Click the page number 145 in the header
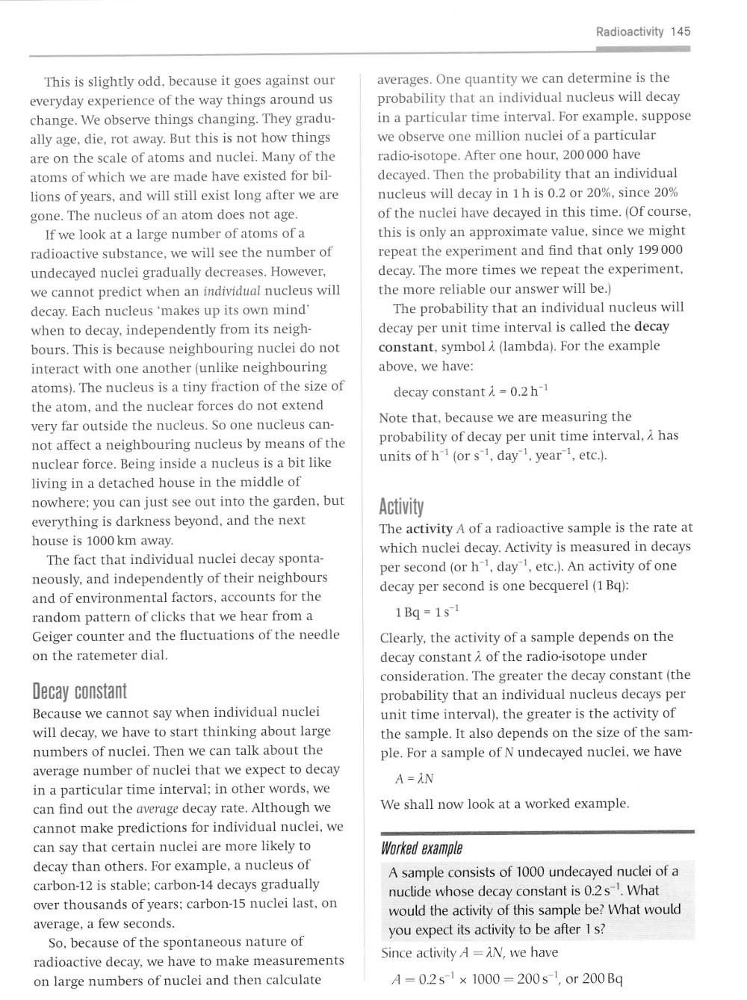(681, 31)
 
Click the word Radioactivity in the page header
(630, 31)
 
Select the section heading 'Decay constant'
(81, 690)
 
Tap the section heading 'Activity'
(401, 508)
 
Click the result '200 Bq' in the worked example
(598, 979)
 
